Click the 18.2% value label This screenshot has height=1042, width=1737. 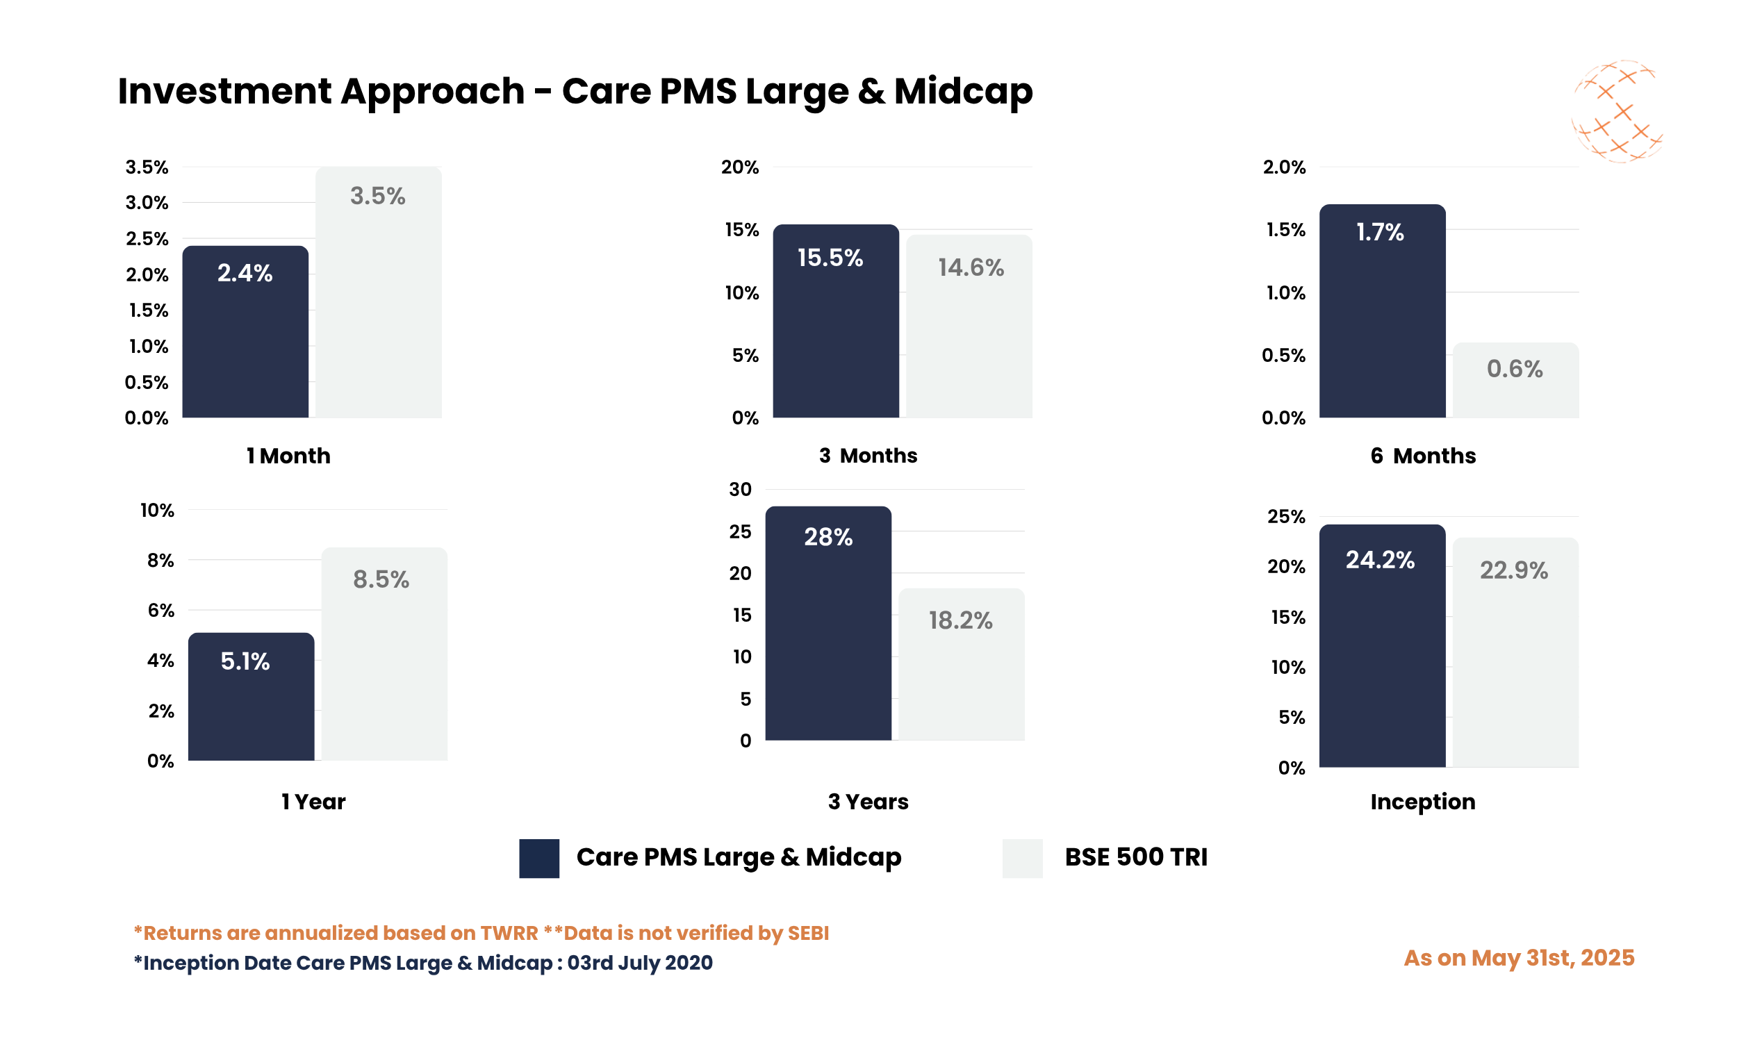click(x=960, y=620)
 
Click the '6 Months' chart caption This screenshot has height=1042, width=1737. click(x=1422, y=456)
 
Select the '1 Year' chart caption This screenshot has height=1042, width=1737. click(x=313, y=801)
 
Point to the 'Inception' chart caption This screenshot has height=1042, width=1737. click(x=1422, y=801)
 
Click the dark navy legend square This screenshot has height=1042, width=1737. click(x=538, y=858)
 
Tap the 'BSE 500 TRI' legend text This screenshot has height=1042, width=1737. click(x=1135, y=857)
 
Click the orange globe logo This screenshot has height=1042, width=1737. click(x=1616, y=112)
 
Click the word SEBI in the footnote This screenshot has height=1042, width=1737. click(x=807, y=932)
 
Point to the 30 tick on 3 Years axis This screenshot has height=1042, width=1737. click(x=740, y=490)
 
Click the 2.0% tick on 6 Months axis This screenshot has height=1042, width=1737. click(x=1283, y=167)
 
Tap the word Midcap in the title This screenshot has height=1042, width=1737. click(x=962, y=91)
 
